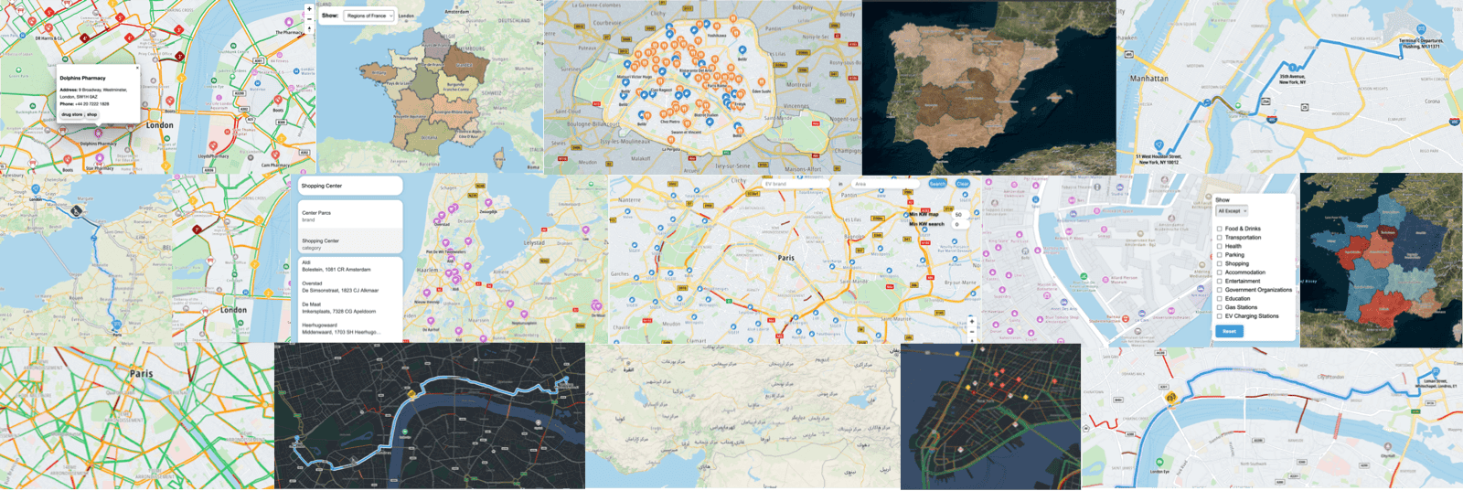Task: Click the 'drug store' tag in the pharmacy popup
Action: [x=71, y=114]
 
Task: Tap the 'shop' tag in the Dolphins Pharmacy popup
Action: [x=91, y=114]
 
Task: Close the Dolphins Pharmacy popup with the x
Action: [x=138, y=68]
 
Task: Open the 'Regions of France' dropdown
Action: [x=369, y=16]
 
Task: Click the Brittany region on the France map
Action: [x=376, y=70]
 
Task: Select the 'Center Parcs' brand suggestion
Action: [x=351, y=216]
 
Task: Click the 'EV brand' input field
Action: [x=796, y=184]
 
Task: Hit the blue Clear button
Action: [x=963, y=184]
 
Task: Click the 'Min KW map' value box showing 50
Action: [x=957, y=215]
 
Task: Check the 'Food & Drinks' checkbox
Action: [x=1220, y=229]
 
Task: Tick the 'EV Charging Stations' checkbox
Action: [x=1220, y=316]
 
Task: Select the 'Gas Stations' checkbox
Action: [x=1220, y=307]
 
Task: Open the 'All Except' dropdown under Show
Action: [x=1231, y=211]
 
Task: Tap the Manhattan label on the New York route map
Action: [x=1148, y=79]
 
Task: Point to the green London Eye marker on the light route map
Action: [x=1159, y=463]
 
